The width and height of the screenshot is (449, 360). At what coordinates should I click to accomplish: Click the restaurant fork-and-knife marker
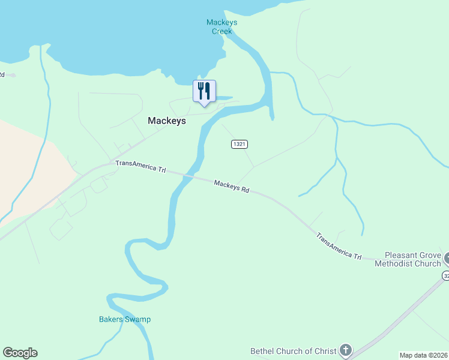point(204,91)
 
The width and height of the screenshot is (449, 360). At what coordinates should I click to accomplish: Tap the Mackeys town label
point(167,121)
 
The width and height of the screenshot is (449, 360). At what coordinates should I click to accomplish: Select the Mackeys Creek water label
point(221,27)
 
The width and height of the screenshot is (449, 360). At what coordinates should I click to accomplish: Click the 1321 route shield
point(239,145)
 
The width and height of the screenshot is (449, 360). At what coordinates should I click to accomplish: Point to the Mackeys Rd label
point(231,187)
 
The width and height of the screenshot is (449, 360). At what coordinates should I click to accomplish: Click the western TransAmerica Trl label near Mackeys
point(140,167)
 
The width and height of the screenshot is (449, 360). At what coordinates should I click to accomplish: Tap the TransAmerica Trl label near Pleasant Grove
point(339,246)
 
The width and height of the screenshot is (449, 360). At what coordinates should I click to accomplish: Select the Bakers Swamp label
point(125,319)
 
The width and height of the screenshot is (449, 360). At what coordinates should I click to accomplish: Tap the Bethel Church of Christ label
point(294,351)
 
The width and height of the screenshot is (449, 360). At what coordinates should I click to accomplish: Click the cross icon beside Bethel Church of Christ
point(345,350)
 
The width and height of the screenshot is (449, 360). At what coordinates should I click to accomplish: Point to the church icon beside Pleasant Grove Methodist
point(447,258)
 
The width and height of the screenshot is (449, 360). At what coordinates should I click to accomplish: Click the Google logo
point(20,353)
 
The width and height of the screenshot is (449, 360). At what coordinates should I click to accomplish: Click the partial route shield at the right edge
point(446,275)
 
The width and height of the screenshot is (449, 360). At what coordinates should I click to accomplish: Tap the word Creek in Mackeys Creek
point(221,31)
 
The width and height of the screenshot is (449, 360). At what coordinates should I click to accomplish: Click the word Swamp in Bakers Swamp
point(138,319)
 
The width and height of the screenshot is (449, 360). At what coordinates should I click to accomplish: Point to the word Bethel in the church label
point(262,351)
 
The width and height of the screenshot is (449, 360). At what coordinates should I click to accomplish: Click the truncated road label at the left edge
point(2,75)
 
